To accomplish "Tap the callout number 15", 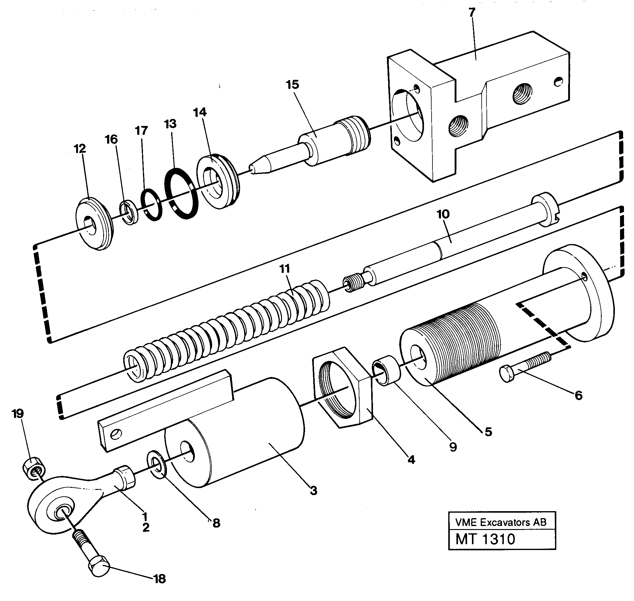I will click(292, 85).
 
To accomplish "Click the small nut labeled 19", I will click(34, 470).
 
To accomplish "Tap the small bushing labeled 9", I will click(386, 370).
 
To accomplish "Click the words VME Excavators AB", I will click(501, 522).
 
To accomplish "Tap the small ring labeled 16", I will click(129, 212).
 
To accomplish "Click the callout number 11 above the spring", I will click(284, 268).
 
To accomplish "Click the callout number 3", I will click(313, 490).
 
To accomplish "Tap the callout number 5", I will click(488, 432).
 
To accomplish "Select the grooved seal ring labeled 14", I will click(218, 181).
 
